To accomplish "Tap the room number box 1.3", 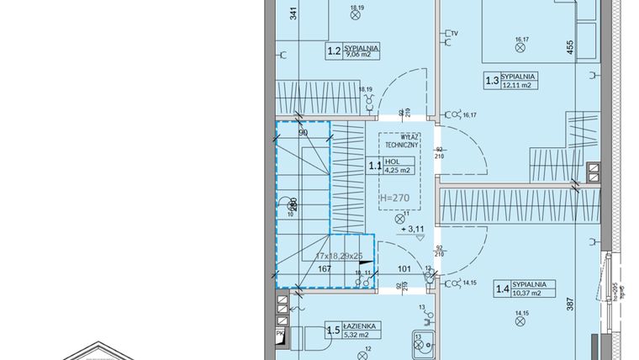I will [492, 82].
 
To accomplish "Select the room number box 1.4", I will [503, 290].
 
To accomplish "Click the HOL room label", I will [392, 161].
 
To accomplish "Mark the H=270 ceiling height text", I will [394, 199].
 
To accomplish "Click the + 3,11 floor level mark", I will [412, 228].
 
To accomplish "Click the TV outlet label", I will [454, 34].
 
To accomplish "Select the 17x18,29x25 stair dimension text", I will [339, 254].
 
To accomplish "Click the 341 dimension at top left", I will [293, 13].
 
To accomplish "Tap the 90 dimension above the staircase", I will [303, 133].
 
